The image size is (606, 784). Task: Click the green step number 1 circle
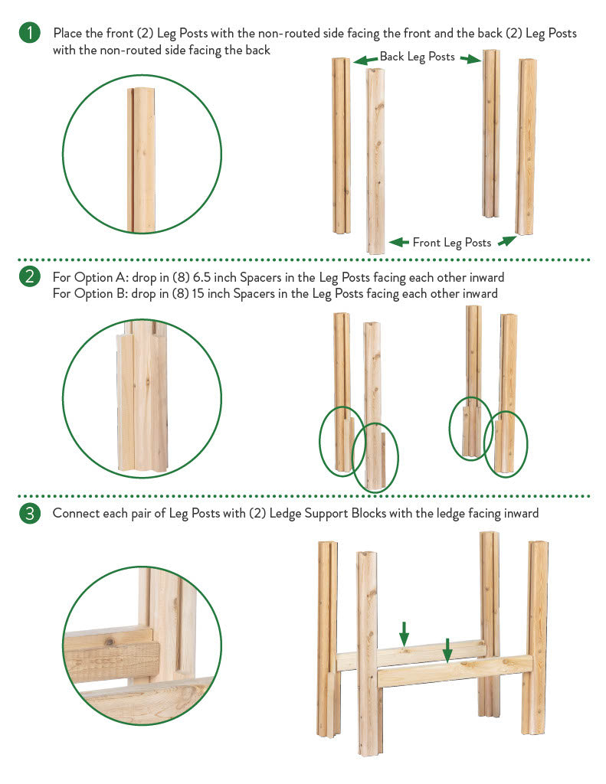pyautogui.click(x=30, y=33)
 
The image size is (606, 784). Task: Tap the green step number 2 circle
pyautogui.click(x=30, y=276)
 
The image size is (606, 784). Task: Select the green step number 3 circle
pyautogui.click(x=30, y=513)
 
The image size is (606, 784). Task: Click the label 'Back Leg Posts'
pyautogui.click(x=418, y=57)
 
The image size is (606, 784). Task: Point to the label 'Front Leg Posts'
pyautogui.click(x=452, y=243)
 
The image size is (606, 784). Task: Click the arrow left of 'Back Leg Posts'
pyautogui.click(x=365, y=60)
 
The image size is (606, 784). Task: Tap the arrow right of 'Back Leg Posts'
pyautogui.click(x=470, y=60)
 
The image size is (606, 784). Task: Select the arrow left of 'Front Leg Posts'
pyautogui.click(x=399, y=243)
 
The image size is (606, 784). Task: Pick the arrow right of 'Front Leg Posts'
pyautogui.click(x=506, y=240)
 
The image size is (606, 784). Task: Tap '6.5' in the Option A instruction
pyautogui.click(x=201, y=277)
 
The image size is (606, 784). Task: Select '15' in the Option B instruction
pyautogui.click(x=198, y=293)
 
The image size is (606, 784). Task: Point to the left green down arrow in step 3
pyautogui.click(x=404, y=633)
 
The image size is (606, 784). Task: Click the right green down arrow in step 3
pyautogui.click(x=448, y=650)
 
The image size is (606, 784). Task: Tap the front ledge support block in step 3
pyautogui.click(x=454, y=671)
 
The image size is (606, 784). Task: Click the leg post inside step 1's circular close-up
pyautogui.click(x=142, y=160)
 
